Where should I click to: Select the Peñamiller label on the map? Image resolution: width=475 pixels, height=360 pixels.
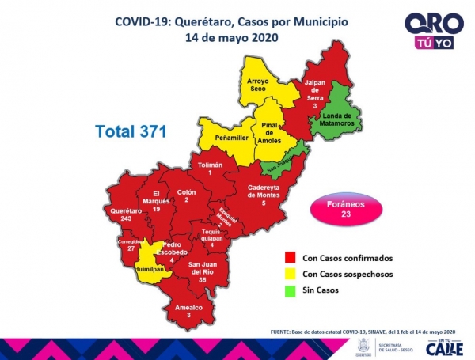(x=230, y=138)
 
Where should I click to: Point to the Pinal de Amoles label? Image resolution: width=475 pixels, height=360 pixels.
(x=269, y=133)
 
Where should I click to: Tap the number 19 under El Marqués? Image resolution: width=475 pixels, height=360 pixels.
(x=157, y=209)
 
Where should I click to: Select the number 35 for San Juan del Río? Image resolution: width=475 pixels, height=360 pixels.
(x=203, y=279)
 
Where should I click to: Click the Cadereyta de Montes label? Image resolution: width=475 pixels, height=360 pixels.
(x=264, y=191)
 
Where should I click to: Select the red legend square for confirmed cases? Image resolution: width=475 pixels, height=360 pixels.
(x=291, y=258)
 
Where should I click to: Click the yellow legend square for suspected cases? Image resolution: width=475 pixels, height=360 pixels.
(x=291, y=274)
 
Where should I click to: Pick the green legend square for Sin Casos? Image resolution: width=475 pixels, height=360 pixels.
(x=291, y=290)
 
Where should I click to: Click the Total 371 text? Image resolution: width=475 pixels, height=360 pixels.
(x=131, y=131)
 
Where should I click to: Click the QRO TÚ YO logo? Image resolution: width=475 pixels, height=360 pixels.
(x=429, y=32)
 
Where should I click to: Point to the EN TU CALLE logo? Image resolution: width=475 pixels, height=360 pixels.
(x=443, y=346)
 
